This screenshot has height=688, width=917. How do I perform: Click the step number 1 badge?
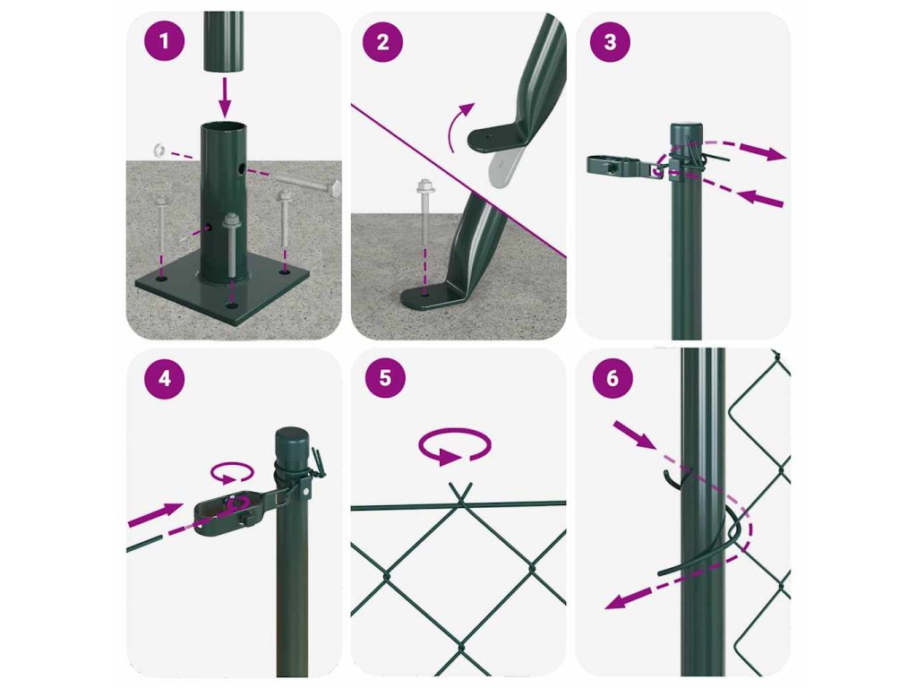165,41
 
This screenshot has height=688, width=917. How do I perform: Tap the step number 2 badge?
382,41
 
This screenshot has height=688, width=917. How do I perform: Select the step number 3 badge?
610,41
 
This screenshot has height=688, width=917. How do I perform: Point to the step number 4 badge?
165,379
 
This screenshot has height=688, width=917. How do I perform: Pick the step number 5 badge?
385,377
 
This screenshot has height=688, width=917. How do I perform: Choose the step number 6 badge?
613,378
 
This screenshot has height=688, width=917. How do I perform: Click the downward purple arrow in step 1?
225,97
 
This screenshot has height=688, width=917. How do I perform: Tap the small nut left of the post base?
158,150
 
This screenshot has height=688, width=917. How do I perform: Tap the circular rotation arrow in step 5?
454,446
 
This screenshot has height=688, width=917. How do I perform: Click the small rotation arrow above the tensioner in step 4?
232,473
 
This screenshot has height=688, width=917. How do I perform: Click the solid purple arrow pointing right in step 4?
156,513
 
